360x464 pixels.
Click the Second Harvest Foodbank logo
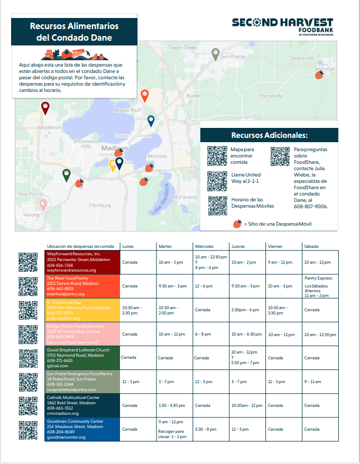[282, 26]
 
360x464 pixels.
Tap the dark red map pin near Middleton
[45, 108]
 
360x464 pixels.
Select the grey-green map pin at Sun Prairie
[215, 53]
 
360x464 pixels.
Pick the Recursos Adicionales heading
[269, 135]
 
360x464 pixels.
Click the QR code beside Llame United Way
[217, 181]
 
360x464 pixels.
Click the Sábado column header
[311, 246]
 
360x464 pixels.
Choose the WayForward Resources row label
[82, 262]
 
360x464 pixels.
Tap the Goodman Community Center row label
[82, 429]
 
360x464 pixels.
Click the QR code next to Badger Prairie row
[28, 334]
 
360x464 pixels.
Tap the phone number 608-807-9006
[310, 206]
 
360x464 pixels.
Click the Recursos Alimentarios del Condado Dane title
[74, 32]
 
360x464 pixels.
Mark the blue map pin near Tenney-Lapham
[151, 121]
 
